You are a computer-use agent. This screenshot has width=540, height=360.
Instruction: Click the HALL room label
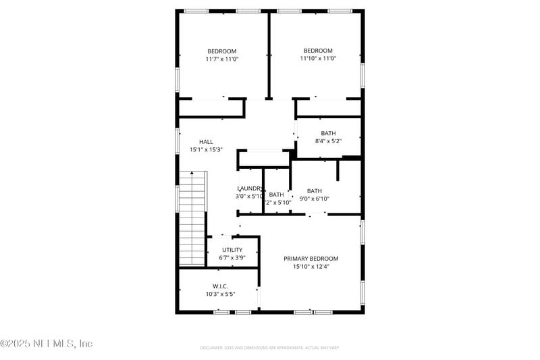pyautogui.click(x=206, y=142)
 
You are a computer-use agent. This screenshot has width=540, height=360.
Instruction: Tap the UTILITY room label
pyautogui.click(x=232, y=250)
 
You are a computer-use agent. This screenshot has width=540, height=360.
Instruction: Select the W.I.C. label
pyautogui.click(x=220, y=286)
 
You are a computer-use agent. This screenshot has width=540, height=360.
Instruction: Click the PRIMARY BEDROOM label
pyautogui.click(x=310, y=259)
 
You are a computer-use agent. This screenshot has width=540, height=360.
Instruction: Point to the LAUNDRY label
pyautogui.click(x=249, y=188)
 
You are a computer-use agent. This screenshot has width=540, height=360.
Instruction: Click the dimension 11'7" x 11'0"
pyautogui.click(x=222, y=59)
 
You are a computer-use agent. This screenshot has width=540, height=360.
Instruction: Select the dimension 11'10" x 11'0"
pyautogui.click(x=318, y=59)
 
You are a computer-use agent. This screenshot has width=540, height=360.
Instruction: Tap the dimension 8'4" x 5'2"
pyautogui.click(x=329, y=141)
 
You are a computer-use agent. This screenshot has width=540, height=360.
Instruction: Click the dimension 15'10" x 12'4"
pyautogui.click(x=310, y=267)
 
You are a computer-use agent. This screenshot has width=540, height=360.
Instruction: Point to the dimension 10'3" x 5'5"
pyautogui.click(x=220, y=294)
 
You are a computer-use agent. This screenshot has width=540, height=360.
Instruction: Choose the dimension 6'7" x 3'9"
pyautogui.click(x=232, y=258)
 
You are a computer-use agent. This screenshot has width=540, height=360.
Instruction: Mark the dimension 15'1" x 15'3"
pyautogui.click(x=206, y=150)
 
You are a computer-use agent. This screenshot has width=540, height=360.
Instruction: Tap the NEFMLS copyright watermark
pyautogui.click(x=47, y=344)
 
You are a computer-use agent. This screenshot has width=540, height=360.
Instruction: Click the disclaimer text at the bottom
pyautogui.click(x=269, y=348)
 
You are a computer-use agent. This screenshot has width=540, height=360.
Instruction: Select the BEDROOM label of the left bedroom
pyautogui.click(x=222, y=51)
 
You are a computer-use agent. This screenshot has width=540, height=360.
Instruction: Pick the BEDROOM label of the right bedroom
pyautogui.click(x=318, y=51)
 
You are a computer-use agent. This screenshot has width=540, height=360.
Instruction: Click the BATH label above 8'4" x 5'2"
pyautogui.click(x=329, y=133)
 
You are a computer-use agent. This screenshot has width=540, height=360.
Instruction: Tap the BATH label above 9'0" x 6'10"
pyautogui.click(x=315, y=190)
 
